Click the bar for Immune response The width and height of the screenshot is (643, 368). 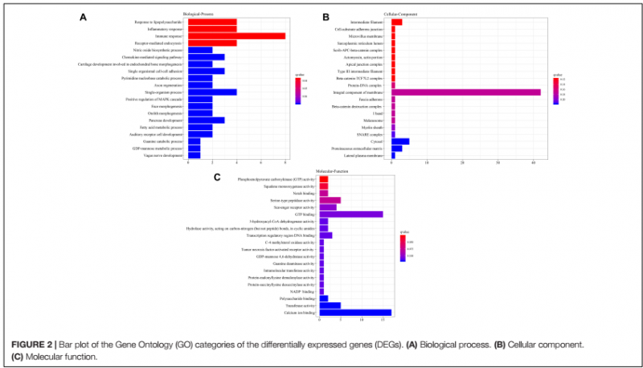coord(235,35)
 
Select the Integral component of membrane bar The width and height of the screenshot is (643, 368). coord(465,92)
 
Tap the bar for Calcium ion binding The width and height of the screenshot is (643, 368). coord(354,313)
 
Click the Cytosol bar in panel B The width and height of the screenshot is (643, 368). coord(400,141)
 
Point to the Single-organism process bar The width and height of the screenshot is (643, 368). coord(211,92)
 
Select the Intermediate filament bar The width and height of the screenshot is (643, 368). coord(396,22)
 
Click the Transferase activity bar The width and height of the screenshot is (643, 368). coord(330,305)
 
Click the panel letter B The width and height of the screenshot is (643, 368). coord(326,15)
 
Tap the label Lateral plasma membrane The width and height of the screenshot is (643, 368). coord(367,155)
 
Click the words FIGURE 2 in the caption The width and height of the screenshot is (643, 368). coord(30,345)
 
